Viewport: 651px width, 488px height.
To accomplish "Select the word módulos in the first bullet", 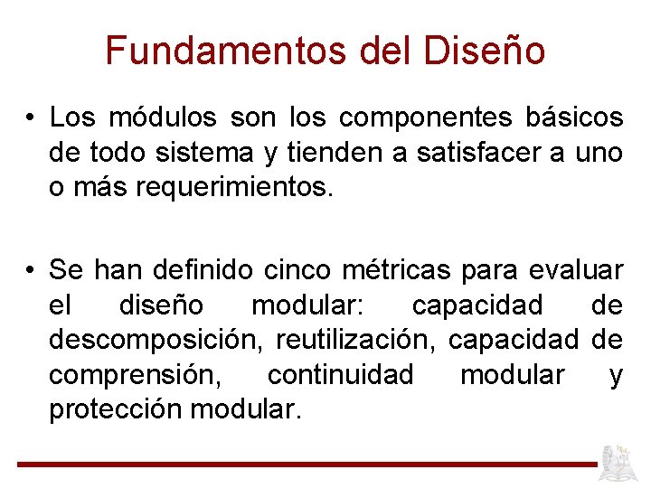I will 163,118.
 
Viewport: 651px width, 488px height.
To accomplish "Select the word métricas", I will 398,270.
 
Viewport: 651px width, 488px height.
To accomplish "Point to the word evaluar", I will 577,270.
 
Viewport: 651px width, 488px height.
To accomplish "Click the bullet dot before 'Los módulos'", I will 31,119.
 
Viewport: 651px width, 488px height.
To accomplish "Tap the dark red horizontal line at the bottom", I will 307,465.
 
